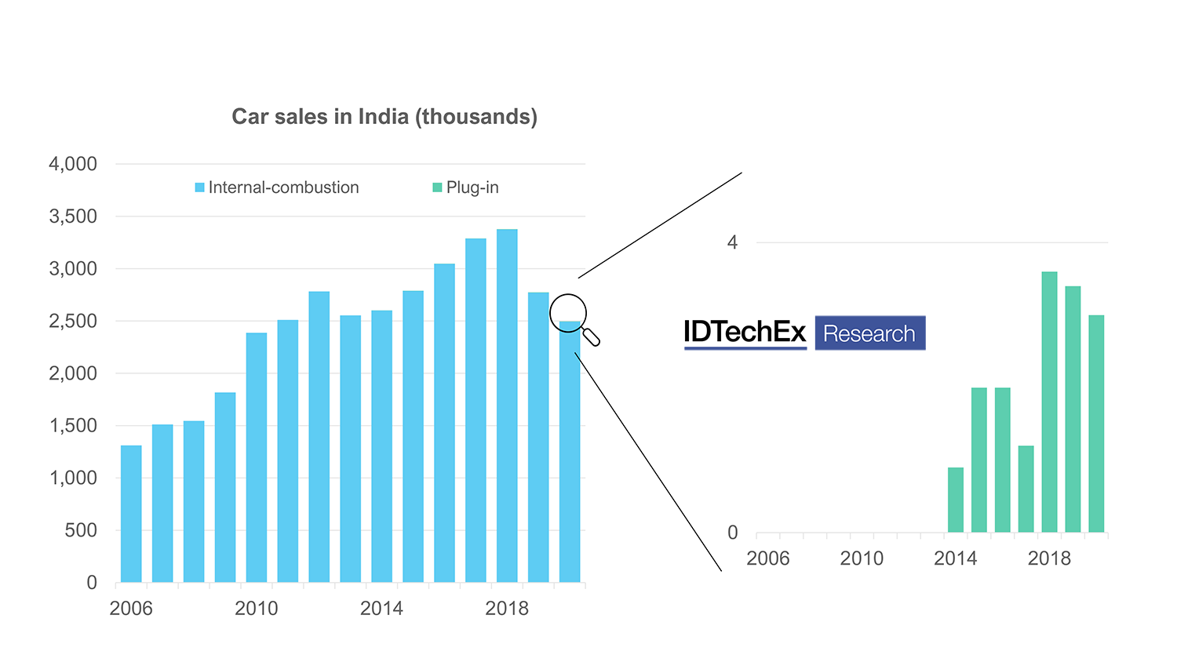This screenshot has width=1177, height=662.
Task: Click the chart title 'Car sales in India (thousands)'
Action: click(384, 117)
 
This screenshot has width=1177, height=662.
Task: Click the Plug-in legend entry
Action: click(466, 187)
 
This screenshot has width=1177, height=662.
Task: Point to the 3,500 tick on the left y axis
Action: click(73, 216)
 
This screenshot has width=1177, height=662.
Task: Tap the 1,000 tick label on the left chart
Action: click(73, 478)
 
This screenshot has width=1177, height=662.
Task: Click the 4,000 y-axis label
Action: click(73, 164)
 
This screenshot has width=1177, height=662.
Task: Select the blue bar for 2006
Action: click(131, 514)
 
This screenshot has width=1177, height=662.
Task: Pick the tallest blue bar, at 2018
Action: click(507, 406)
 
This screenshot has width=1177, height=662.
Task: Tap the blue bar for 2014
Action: click(381, 446)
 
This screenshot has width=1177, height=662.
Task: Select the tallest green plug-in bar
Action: click(1049, 402)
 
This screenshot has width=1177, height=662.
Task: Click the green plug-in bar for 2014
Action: click(955, 500)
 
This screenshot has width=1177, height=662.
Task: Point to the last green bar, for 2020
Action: click(1096, 424)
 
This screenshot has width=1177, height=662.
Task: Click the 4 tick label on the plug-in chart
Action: click(732, 242)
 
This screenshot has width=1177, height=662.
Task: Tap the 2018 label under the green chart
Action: click(1049, 558)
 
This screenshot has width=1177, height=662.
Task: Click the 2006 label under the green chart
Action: click(767, 558)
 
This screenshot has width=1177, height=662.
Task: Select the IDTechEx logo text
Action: click(745, 333)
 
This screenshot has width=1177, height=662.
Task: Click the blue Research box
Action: click(870, 333)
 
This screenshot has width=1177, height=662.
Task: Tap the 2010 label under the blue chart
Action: click(257, 609)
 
